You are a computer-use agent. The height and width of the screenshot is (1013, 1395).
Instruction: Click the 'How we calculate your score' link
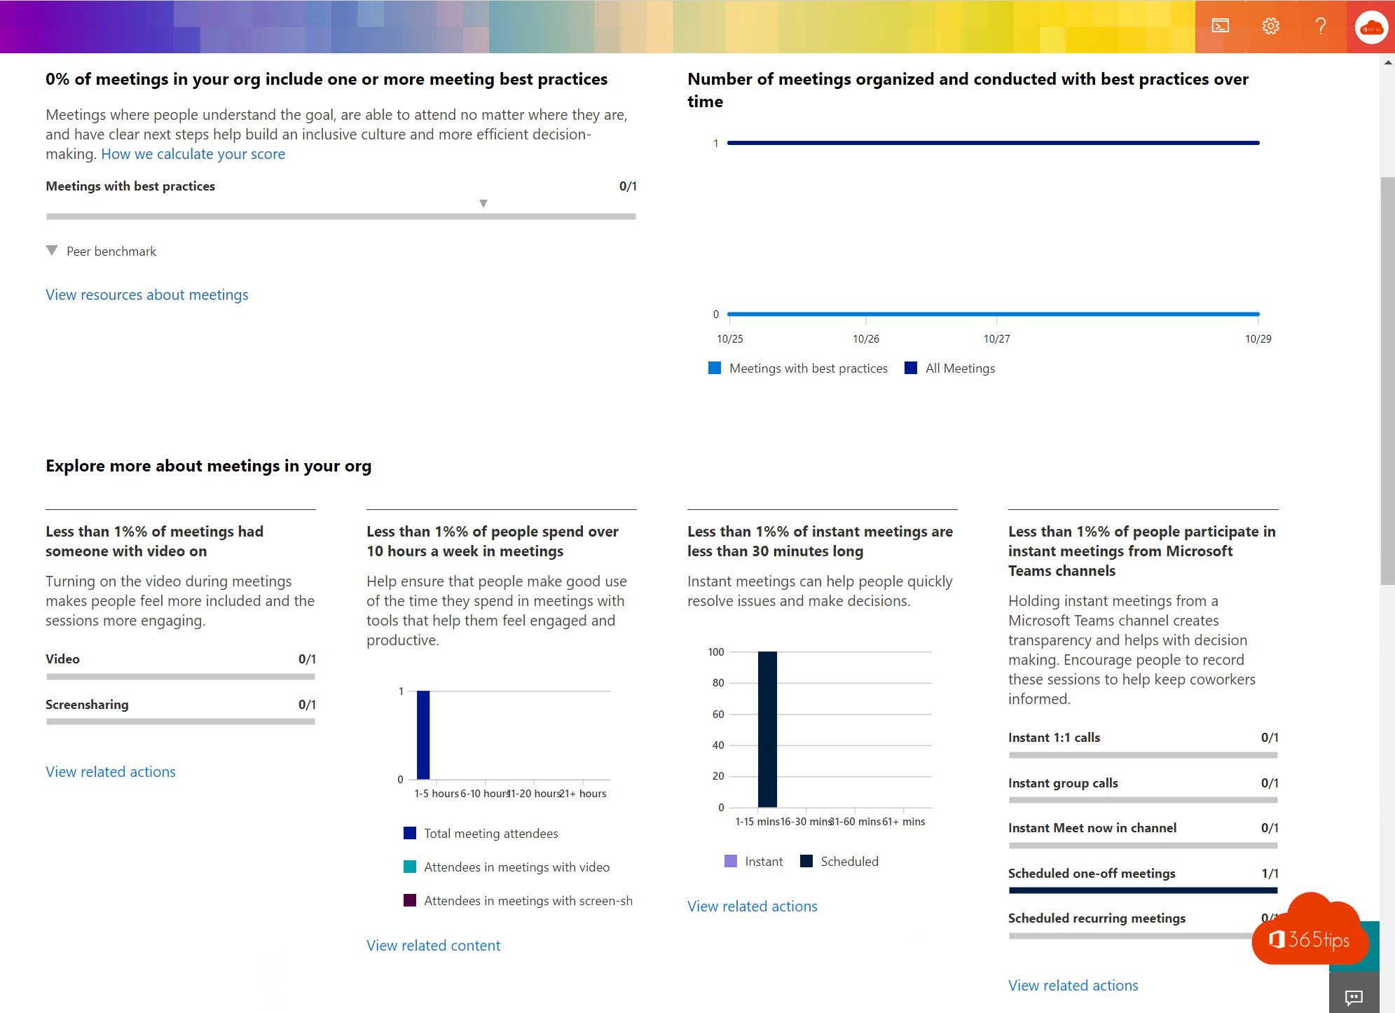[x=193, y=154]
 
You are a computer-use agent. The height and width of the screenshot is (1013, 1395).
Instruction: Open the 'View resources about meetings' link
[x=147, y=295]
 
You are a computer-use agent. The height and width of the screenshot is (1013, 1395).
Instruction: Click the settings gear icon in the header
[x=1270, y=27]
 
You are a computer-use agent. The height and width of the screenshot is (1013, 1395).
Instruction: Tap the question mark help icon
[x=1321, y=27]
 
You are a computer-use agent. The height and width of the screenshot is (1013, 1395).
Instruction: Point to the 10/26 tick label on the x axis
[x=866, y=339]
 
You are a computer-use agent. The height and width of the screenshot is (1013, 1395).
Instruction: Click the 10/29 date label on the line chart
[x=1258, y=339]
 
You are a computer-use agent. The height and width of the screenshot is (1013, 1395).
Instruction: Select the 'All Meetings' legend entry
[x=959, y=368]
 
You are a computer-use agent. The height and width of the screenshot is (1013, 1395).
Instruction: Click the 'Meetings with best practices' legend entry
[x=807, y=368]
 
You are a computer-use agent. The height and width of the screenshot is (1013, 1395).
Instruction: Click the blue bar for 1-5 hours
[x=423, y=735]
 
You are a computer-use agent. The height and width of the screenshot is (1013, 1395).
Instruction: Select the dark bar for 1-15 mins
[x=767, y=729]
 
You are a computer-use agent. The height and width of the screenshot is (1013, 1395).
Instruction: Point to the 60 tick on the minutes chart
[x=718, y=715]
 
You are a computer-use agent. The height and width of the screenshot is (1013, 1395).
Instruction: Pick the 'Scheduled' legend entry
[x=848, y=862]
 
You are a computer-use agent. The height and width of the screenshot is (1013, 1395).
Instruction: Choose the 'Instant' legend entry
[x=763, y=862]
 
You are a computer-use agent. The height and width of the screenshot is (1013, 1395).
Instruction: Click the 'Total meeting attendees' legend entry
[x=490, y=834]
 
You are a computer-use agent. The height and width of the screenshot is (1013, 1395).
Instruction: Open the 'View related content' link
[x=434, y=946]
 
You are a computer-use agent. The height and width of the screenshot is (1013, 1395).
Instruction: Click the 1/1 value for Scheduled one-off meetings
[x=1270, y=874]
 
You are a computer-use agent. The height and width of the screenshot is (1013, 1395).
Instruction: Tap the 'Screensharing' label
[x=87, y=705]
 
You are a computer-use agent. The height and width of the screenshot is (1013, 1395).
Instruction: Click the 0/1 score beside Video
[x=307, y=659]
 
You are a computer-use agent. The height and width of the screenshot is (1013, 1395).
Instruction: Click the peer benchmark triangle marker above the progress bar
[x=483, y=203]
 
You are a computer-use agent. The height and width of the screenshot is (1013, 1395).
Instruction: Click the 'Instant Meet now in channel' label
[x=1092, y=828]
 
